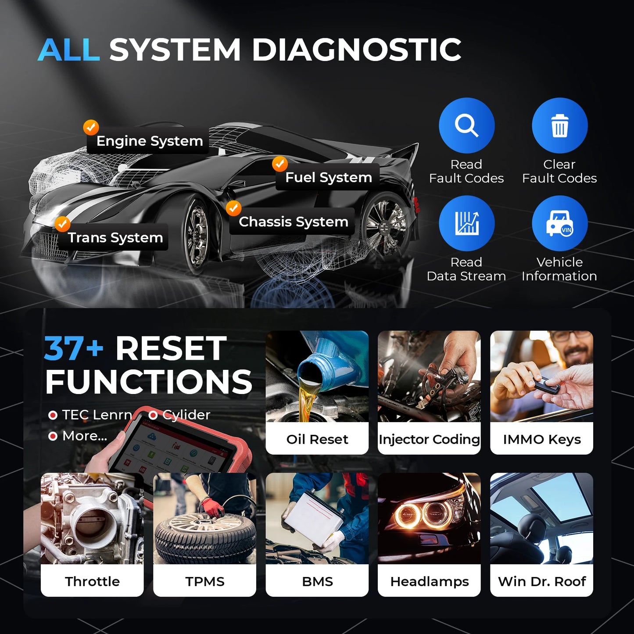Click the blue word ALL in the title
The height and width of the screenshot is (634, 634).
69,50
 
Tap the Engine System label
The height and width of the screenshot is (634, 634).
149,141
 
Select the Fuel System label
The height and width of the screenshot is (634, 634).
328,177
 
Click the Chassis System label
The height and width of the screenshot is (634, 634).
293,222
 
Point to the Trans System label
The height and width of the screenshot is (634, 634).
115,237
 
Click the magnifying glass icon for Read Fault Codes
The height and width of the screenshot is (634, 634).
466,125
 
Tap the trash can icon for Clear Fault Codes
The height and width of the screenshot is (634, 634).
559,125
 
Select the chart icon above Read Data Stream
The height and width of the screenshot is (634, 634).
466,223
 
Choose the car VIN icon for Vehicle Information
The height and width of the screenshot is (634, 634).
559,223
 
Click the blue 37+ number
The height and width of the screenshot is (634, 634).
73,349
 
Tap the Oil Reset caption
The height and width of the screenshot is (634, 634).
317,439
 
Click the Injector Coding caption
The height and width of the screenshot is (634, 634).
429,439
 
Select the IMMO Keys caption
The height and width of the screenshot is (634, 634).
541,439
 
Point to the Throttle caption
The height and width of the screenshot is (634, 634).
92,581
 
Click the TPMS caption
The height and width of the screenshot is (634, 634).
204,581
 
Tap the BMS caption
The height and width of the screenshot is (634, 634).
317,581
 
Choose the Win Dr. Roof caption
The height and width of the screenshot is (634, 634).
541,581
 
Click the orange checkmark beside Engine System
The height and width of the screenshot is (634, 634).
91,127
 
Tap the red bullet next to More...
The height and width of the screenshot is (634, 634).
53,436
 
